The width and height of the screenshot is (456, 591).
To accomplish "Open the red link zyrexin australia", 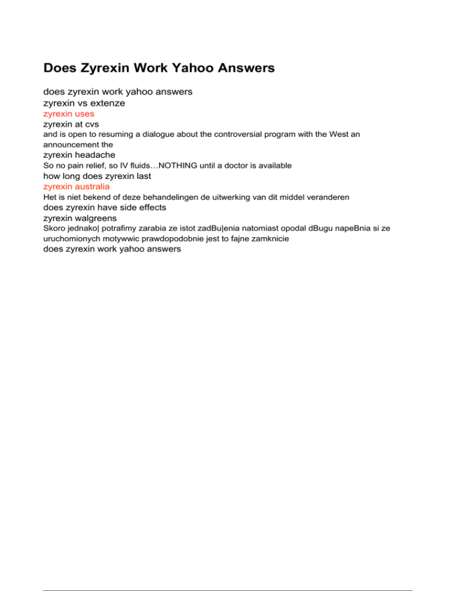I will coord(77,186).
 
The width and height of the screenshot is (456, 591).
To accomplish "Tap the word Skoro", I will coord(55,228).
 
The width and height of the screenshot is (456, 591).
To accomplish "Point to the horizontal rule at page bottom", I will coord(227,574).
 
